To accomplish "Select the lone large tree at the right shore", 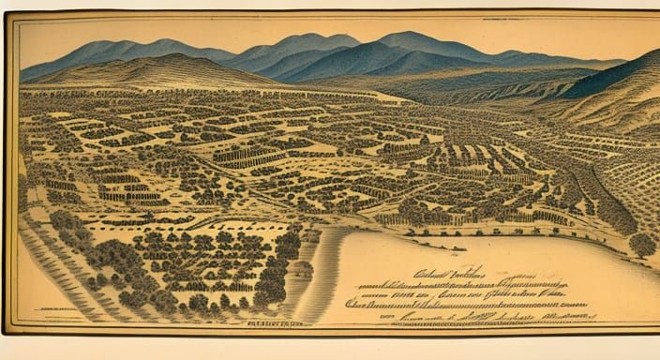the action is click(x=642, y=246).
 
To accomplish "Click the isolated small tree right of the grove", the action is click(x=303, y=270).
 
